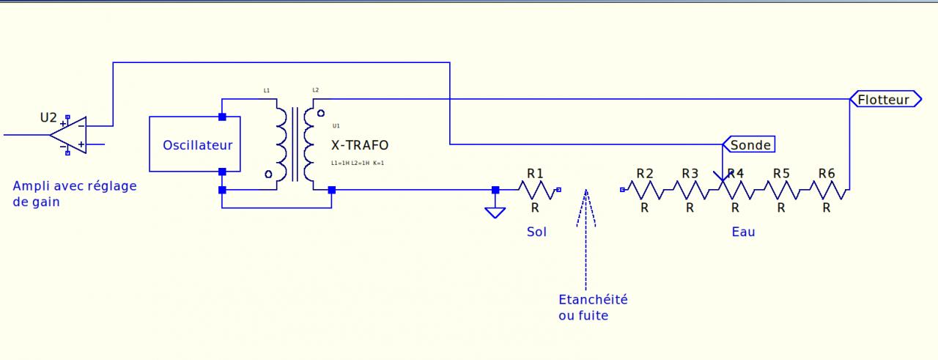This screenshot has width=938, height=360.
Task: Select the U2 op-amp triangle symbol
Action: pos(70,135)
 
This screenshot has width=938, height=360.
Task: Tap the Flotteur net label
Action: pos(884,99)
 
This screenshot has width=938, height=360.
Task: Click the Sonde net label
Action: pos(750,144)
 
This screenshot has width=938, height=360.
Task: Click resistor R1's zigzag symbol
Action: pos(535,190)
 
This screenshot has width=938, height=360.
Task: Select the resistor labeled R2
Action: pos(644,190)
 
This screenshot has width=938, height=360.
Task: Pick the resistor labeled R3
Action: pos(690,190)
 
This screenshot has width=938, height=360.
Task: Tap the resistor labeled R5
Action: pos(781,190)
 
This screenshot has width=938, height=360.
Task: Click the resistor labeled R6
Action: pos(827,190)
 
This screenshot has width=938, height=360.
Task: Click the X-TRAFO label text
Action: pos(360,145)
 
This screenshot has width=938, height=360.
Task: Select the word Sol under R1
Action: pos(536,232)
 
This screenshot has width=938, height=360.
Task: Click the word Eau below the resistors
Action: pos(743,232)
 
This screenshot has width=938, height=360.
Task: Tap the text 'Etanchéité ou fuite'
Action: pos(593,307)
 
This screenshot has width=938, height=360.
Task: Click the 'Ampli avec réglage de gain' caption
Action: pos(74,194)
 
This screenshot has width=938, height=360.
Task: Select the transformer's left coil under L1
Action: pos(282,144)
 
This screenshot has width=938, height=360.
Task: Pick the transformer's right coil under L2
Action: pos(312,144)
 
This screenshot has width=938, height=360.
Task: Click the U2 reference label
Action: pos(48,117)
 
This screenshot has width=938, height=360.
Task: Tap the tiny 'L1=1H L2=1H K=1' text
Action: pos(358,163)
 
